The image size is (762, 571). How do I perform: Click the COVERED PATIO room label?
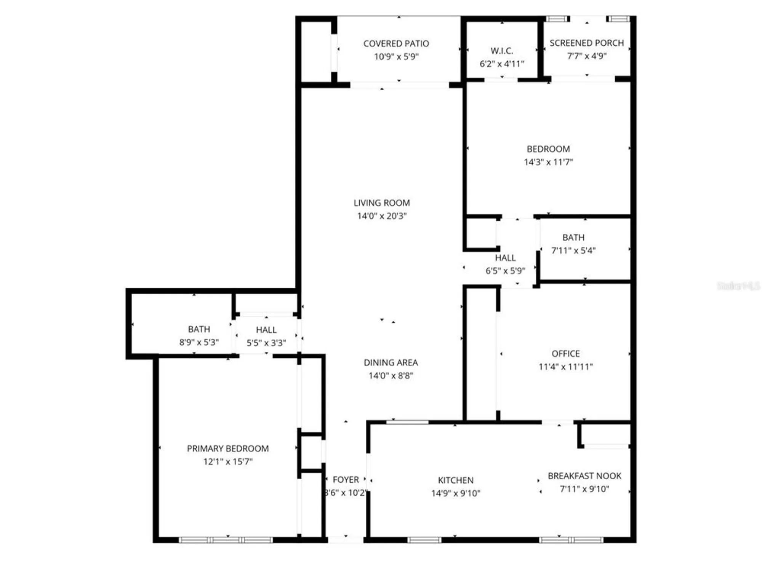pyautogui.click(x=396, y=44)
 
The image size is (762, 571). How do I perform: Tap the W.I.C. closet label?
pyautogui.click(x=502, y=51)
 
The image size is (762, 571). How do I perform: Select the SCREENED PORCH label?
pyautogui.click(x=586, y=43)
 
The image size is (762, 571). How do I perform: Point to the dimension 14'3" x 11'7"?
pyautogui.click(x=548, y=162)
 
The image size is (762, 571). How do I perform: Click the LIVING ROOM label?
pyautogui.click(x=382, y=203)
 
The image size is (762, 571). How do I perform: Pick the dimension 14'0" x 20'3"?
pyautogui.click(x=382, y=216)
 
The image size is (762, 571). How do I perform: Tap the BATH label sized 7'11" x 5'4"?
pyautogui.click(x=573, y=238)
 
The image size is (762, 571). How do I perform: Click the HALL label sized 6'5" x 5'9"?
pyautogui.click(x=505, y=258)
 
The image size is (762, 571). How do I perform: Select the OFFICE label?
pyautogui.click(x=565, y=354)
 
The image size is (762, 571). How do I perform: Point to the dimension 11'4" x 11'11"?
pyautogui.click(x=565, y=367)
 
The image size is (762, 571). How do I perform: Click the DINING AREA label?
pyautogui.click(x=391, y=362)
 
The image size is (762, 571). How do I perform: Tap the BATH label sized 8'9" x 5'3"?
pyautogui.click(x=199, y=329)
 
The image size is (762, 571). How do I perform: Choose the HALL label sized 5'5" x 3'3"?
pyautogui.click(x=266, y=330)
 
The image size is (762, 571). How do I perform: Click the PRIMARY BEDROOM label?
pyautogui.click(x=228, y=448)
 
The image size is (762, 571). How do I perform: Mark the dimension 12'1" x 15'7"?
pyautogui.click(x=228, y=462)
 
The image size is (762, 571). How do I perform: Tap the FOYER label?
pyautogui.click(x=346, y=480)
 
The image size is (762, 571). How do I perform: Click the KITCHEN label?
pyautogui.click(x=456, y=480)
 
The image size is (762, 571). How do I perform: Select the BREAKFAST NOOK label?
pyautogui.click(x=584, y=476)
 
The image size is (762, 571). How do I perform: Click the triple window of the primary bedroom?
pyautogui.click(x=226, y=540)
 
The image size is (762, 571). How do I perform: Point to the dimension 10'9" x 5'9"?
pyautogui.click(x=396, y=57)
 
